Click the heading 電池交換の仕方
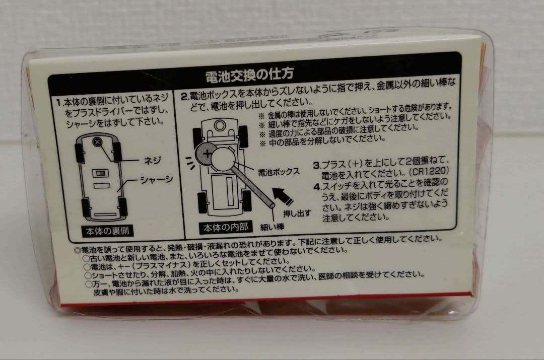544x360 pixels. [x=249, y=74]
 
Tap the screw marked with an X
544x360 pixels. [x=97, y=142]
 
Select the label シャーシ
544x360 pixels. [x=157, y=179]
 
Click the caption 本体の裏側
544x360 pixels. [x=108, y=231]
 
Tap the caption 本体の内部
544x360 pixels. [x=225, y=227]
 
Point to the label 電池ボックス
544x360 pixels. [x=279, y=172]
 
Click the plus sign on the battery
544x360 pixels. [x=207, y=153]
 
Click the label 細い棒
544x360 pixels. [x=273, y=227]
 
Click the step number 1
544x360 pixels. [x=59, y=102]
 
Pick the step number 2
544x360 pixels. [x=184, y=96]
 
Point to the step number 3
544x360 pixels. [x=316, y=165]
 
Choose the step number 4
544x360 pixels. [x=317, y=187]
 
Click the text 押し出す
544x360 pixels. [x=297, y=213]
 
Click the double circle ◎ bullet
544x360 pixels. [x=78, y=250]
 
